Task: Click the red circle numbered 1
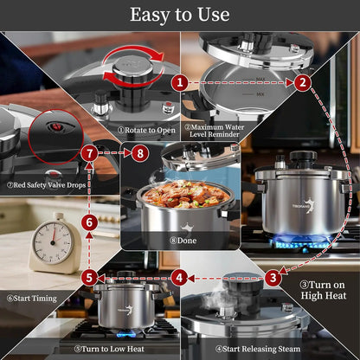coord(179,82)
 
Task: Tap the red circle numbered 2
coord(302,82)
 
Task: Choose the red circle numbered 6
coord(89,222)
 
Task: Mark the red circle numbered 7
coord(89,153)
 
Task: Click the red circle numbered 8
coord(141,153)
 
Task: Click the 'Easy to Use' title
coord(180,15)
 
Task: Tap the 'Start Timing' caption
coord(30,299)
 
